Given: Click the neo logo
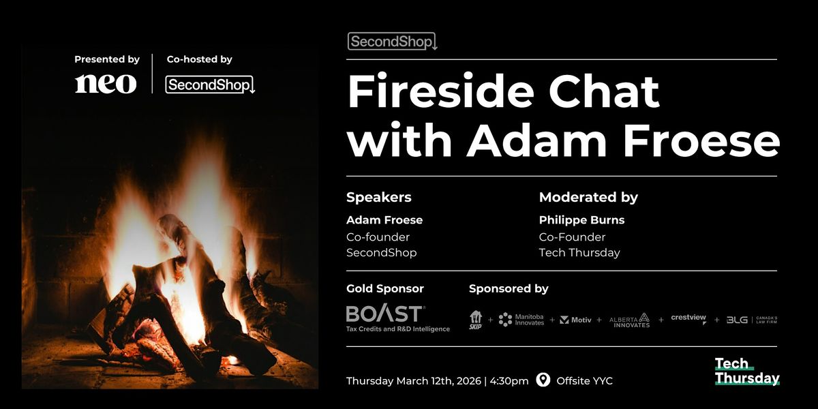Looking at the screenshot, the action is (x=106, y=84).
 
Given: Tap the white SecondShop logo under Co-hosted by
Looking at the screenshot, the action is (x=210, y=85).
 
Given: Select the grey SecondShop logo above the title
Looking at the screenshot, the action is (x=393, y=42).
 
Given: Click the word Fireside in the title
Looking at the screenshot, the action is (x=441, y=91).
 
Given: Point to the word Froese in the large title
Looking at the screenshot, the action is (x=701, y=140).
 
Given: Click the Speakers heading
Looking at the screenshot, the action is (x=379, y=197).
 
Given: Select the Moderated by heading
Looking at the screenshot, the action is (x=588, y=197).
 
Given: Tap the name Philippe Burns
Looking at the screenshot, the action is (x=581, y=219).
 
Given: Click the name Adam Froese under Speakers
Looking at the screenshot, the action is (x=384, y=219).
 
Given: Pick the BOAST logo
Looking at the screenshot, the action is (x=397, y=319).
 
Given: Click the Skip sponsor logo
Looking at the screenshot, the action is (x=476, y=320).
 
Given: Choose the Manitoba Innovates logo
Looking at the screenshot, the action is (x=521, y=320).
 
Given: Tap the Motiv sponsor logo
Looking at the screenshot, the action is (x=575, y=320).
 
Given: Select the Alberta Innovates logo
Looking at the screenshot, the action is (x=630, y=320).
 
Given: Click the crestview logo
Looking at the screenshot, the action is (x=688, y=318).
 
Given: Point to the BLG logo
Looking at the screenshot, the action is (x=751, y=320).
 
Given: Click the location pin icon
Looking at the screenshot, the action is (x=543, y=380).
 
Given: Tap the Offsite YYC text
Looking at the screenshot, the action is (x=584, y=381).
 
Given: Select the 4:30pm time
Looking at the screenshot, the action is (x=509, y=381).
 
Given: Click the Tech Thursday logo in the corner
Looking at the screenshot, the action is (x=747, y=371).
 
